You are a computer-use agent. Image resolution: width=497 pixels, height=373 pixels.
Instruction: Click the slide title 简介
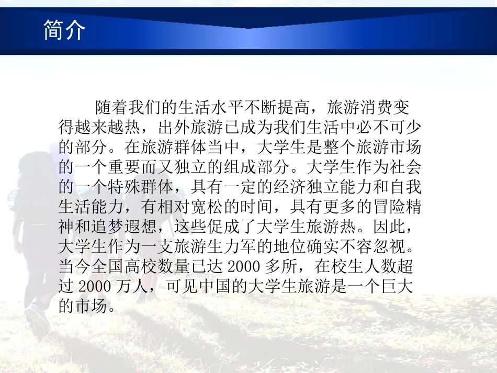point(64,31)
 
